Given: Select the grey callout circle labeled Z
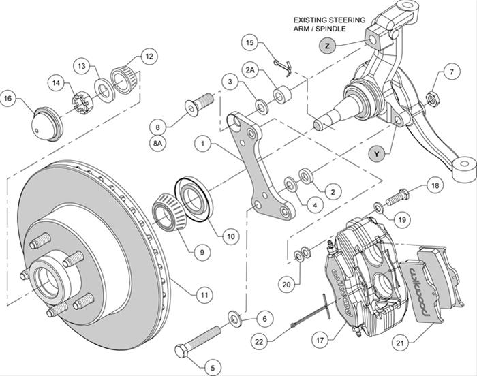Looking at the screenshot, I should (x=327, y=46).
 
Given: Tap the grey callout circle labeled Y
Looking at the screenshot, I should (x=375, y=155).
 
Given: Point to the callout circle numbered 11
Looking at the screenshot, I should (x=202, y=295).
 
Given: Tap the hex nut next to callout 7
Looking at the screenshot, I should (x=431, y=99).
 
